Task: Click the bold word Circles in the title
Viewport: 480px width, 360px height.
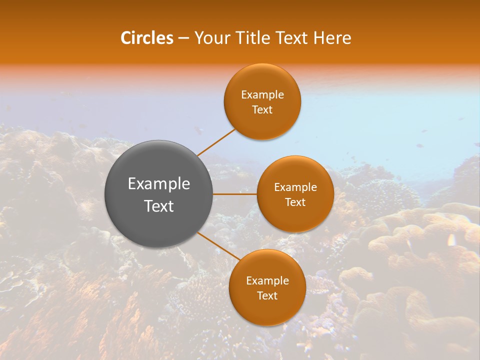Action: click(147, 38)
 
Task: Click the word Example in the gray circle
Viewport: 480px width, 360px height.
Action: click(159, 184)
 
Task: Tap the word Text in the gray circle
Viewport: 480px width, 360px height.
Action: click(159, 206)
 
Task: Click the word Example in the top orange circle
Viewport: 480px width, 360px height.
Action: click(262, 95)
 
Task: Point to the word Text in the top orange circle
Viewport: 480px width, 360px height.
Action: click(262, 110)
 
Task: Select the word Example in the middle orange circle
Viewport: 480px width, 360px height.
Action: click(295, 187)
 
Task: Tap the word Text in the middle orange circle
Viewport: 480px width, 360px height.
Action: click(295, 202)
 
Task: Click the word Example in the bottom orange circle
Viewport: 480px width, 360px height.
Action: click(267, 281)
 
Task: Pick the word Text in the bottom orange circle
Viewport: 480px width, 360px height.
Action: click(267, 296)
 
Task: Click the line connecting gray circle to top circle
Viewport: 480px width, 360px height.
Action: click(216, 142)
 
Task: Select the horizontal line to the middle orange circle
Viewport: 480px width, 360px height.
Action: click(235, 194)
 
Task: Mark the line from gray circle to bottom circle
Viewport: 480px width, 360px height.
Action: click(219, 246)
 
